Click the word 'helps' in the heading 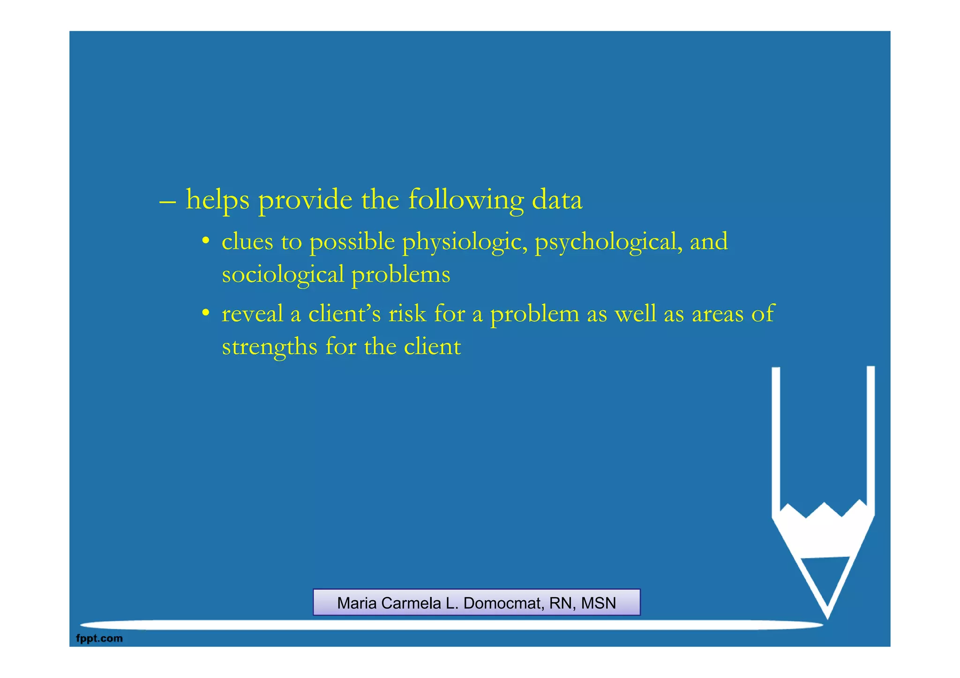[217, 200]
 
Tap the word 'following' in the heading [465, 200]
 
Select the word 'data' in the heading [557, 200]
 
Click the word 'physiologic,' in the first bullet [465, 242]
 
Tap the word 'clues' [247, 242]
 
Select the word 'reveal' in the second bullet [252, 313]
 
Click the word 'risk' [407, 313]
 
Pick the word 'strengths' [270, 347]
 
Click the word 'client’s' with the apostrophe [345, 313]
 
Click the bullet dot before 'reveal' [205, 313]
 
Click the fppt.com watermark [99, 638]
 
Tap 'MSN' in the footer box [598, 603]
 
